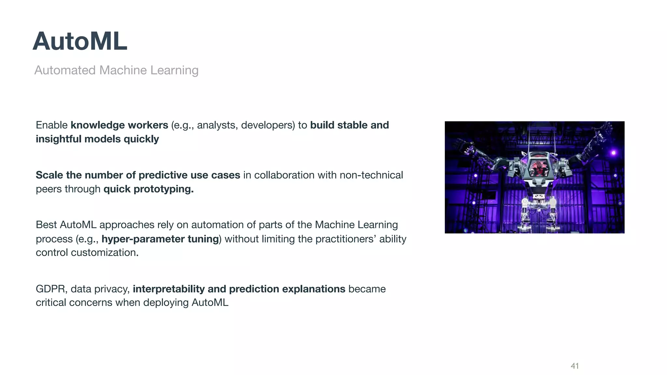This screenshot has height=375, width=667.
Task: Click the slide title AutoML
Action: pyautogui.click(x=80, y=41)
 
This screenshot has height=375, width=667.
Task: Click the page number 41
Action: pyautogui.click(x=575, y=366)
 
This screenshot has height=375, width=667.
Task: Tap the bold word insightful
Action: pyautogui.click(x=59, y=139)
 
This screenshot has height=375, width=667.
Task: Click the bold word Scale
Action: pyautogui.click(x=50, y=175)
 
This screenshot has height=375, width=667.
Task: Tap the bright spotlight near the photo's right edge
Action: pyautogui.click(x=613, y=153)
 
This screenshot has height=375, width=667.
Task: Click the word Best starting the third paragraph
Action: pyautogui.click(x=46, y=225)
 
